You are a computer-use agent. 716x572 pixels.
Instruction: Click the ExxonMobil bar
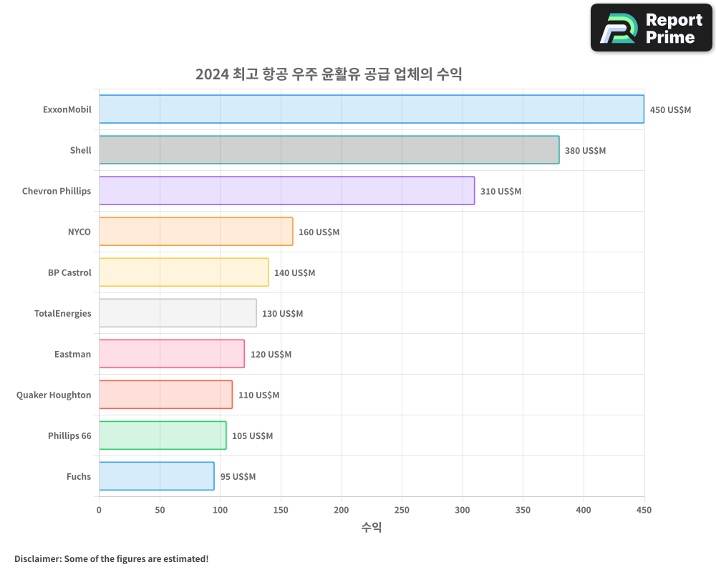371,109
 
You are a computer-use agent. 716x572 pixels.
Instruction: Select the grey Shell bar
329,150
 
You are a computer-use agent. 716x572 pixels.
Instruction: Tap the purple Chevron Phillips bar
286,191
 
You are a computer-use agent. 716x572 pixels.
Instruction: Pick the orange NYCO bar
195,232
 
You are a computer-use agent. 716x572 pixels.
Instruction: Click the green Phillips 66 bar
163,435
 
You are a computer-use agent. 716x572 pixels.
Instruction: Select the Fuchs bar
156,476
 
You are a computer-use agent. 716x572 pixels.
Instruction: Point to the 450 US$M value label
670,110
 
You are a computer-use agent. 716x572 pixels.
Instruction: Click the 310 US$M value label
500,192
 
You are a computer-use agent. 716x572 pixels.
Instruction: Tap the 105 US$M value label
252,436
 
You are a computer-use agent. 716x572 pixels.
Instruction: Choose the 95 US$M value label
238,477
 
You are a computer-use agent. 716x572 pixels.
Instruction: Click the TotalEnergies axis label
63,313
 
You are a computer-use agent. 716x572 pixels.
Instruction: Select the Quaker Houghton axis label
54,395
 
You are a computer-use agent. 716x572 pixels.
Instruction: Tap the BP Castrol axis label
69,272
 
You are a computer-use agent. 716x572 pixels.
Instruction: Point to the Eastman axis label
72,354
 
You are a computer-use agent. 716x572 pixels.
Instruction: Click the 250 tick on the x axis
402,510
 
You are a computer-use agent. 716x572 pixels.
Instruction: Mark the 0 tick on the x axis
99,510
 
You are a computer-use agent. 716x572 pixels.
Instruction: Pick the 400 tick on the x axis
584,510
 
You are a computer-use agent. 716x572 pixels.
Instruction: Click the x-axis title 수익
372,528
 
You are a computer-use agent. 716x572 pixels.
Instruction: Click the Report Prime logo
651,28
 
